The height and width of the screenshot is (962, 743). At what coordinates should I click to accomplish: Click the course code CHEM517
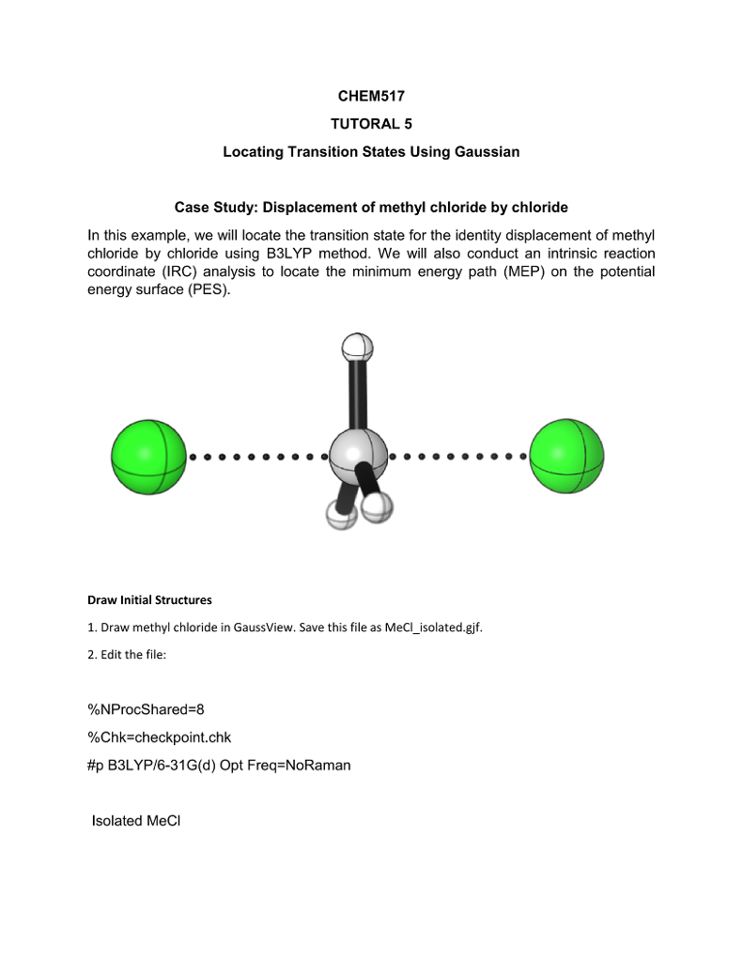370,97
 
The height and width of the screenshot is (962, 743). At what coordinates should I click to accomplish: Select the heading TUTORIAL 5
370,124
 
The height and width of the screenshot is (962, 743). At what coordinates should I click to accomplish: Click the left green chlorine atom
148,457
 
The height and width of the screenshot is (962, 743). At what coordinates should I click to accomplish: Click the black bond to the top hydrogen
358,395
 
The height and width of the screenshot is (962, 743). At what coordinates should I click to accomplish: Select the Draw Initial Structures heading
149,599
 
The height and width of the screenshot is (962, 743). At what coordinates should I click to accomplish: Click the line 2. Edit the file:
127,654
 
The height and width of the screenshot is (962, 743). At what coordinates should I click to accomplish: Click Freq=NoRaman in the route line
302,765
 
